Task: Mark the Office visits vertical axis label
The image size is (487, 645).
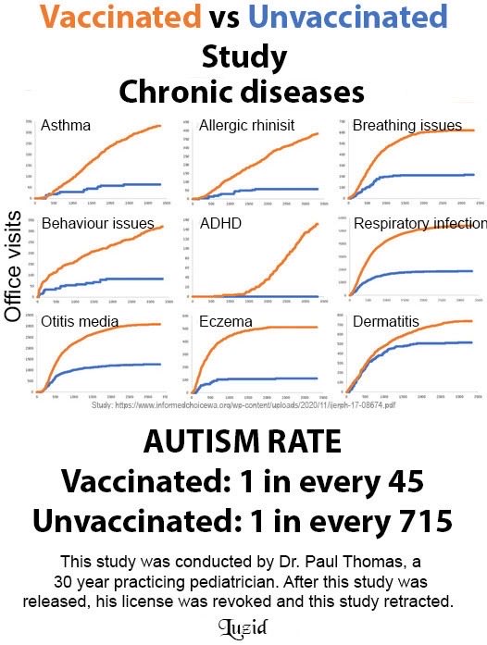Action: click(14, 263)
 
